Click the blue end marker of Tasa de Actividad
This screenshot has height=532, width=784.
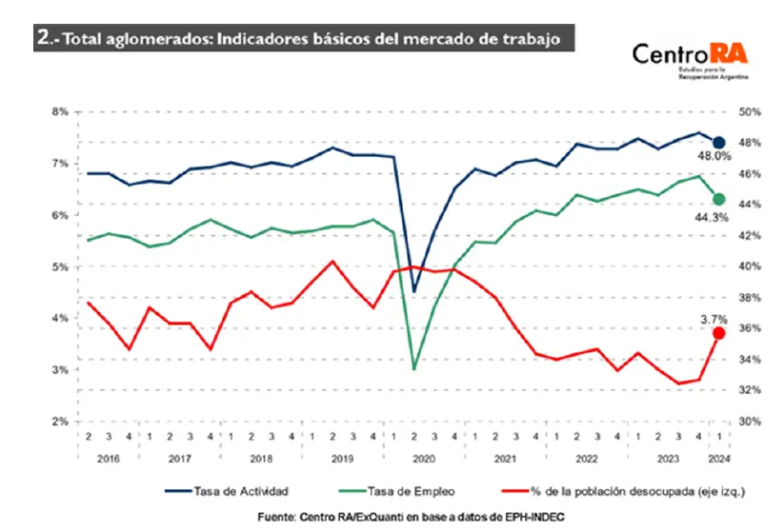point(719,143)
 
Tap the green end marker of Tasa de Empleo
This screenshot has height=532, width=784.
point(719,199)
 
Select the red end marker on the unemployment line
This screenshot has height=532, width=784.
point(719,333)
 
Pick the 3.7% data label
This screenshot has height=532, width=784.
point(714,318)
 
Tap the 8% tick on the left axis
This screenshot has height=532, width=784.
point(59,112)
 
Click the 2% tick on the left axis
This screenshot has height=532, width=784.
point(59,422)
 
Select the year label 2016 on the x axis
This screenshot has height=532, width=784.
point(108,457)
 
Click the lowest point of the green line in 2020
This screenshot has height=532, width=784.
point(413,368)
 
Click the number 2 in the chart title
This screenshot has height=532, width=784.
point(43,37)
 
